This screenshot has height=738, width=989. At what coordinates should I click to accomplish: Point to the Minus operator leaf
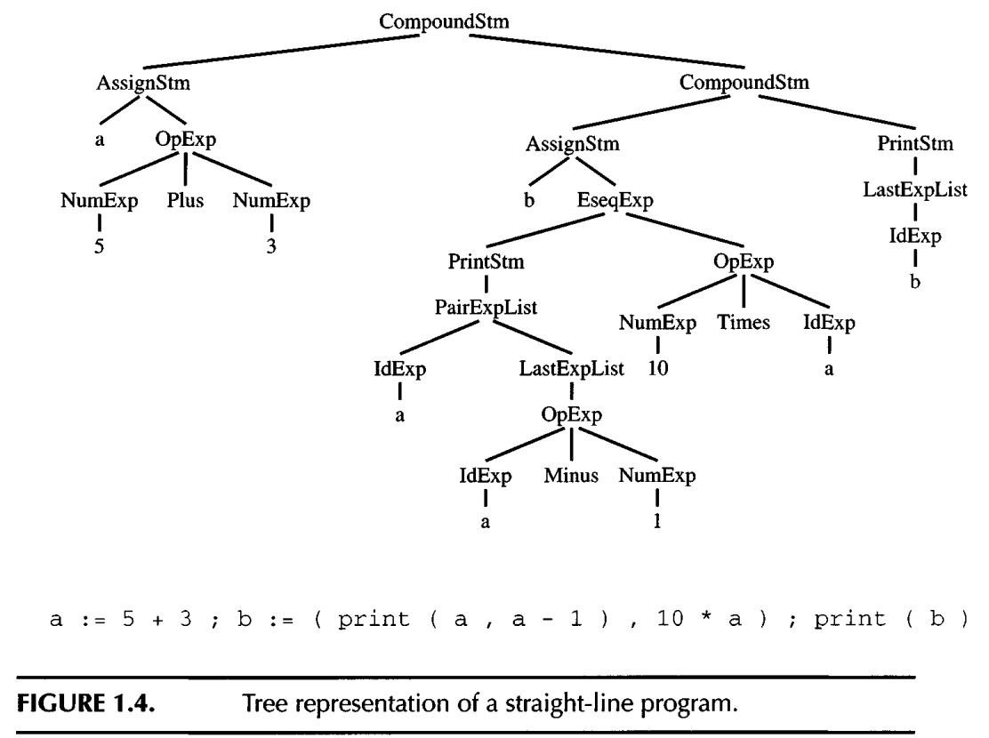point(570,477)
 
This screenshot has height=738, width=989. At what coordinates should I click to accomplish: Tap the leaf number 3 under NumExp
point(271,248)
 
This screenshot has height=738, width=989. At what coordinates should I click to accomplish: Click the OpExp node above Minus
point(570,416)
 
